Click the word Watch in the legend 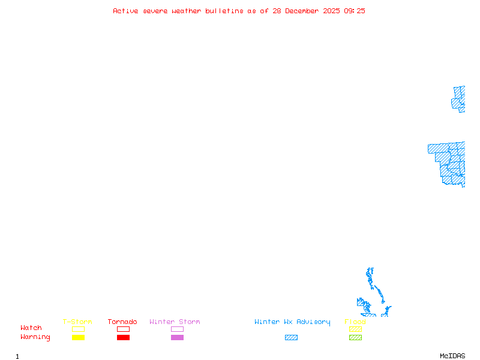(x=31, y=328)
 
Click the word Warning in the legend (x=35, y=337)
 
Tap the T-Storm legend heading (x=77, y=322)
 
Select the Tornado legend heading (x=122, y=322)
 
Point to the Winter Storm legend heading (x=175, y=322)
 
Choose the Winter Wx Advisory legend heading (x=292, y=322)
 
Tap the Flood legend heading (x=355, y=322)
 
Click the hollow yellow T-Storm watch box (x=78, y=329)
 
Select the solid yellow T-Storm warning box (x=78, y=338)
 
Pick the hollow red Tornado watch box (x=123, y=329)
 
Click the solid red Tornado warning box (x=123, y=338)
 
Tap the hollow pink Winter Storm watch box (x=177, y=329)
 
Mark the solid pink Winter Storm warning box (x=177, y=338)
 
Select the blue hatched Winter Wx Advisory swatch (x=291, y=338)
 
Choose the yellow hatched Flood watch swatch (x=355, y=329)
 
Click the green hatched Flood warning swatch (x=355, y=338)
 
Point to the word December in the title (x=305, y=11)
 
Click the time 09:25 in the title (x=355, y=11)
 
